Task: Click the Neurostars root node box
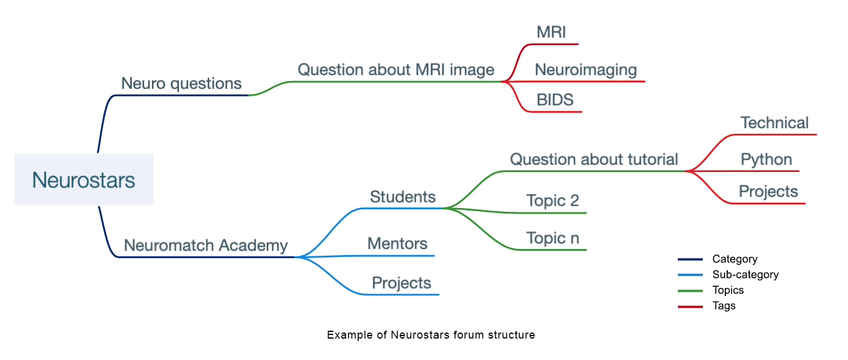pyautogui.click(x=84, y=180)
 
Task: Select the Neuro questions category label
pyautogui.click(x=181, y=84)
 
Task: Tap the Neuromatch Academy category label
pyautogui.click(x=206, y=245)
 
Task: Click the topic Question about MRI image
pyautogui.click(x=396, y=70)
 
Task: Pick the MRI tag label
pyautogui.click(x=552, y=32)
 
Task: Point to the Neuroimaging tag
pyautogui.click(x=586, y=70)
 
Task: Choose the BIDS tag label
pyautogui.click(x=555, y=100)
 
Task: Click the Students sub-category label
pyautogui.click(x=403, y=197)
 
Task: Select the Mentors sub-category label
pyautogui.click(x=397, y=244)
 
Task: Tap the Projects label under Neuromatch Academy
pyautogui.click(x=401, y=283)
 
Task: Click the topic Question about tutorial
pyautogui.click(x=594, y=160)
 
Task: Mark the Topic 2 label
pyautogui.click(x=553, y=201)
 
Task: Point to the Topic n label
pyautogui.click(x=553, y=238)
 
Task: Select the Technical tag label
pyautogui.click(x=774, y=123)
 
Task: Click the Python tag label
pyautogui.click(x=766, y=160)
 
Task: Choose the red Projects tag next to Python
pyautogui.click(x=768, y=192)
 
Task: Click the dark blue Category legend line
pyautogui.click(x=690, y=259)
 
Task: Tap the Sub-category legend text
pyautogui.click(x=745, y=275)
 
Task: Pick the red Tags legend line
pyautogui.click(x=690, y=306)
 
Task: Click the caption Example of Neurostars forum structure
pyautogui.click(x=431, y=335)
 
